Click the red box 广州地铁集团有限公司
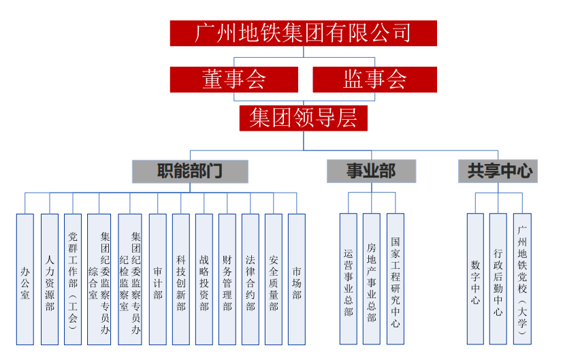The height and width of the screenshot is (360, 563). point(303,33)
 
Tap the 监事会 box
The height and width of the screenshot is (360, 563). point(374,80)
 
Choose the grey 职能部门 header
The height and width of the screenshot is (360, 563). point(190,171)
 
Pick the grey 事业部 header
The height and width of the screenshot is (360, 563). point(371,171)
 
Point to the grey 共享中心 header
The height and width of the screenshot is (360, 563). point(498,171)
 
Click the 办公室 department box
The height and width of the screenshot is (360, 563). point(25,279)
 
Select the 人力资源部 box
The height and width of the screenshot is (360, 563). point(49,279)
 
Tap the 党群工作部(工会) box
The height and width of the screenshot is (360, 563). point(73,279)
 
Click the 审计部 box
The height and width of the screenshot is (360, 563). point(157,279)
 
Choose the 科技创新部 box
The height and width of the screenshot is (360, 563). point(181,279)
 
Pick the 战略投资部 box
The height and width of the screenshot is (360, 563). point(204,279)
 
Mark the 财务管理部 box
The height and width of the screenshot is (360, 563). point(227,279)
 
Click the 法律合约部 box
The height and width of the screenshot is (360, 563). point(251,279)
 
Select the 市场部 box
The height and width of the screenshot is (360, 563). point(297,279)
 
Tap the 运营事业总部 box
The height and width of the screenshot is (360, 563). point(349,279)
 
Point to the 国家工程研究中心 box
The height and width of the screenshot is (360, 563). point(396,279)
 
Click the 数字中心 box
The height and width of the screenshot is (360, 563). point(475,279)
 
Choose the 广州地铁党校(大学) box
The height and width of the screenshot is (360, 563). point(522,279)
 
